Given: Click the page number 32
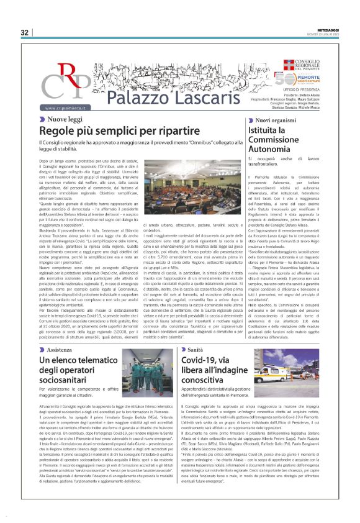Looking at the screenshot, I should [25, 32].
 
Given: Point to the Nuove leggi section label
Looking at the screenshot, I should [65, 118].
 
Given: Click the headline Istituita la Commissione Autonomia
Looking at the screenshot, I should [276, 140].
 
